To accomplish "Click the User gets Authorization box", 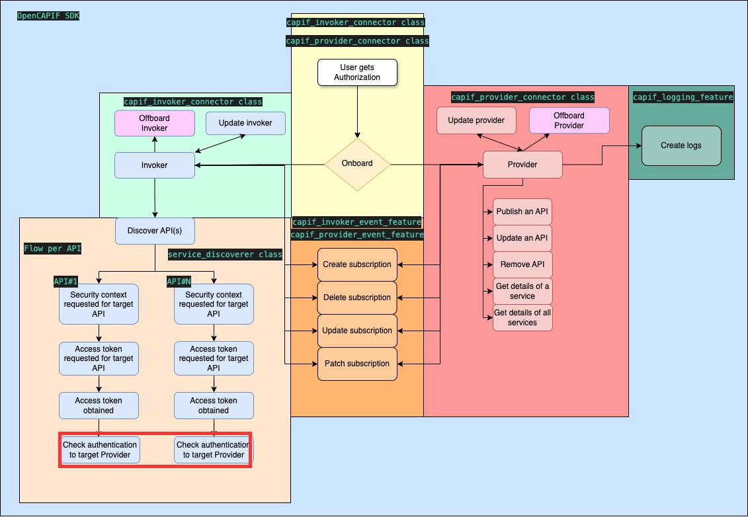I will coord(357,72).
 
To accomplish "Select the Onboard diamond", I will coord(357,164).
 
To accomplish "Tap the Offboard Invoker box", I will coord(155,123).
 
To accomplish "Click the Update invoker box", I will coord(245,123).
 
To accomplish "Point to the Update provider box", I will coord(476,120).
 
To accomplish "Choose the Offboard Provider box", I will coord(569,120).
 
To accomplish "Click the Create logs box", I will coord(681,145).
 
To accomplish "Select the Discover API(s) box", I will coord(155,231).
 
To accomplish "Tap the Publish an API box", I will coord(522,212).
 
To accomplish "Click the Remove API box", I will coord(522,264).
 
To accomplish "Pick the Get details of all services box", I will coord(522,318).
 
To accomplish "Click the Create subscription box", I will coord(357,264).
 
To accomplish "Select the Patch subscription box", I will coord(357,364).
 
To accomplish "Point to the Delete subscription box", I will coord(357,298).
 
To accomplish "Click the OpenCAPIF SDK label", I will coord(48,15).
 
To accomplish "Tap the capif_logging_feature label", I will coord(683,97).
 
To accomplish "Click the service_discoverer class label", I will coord(225,255).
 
